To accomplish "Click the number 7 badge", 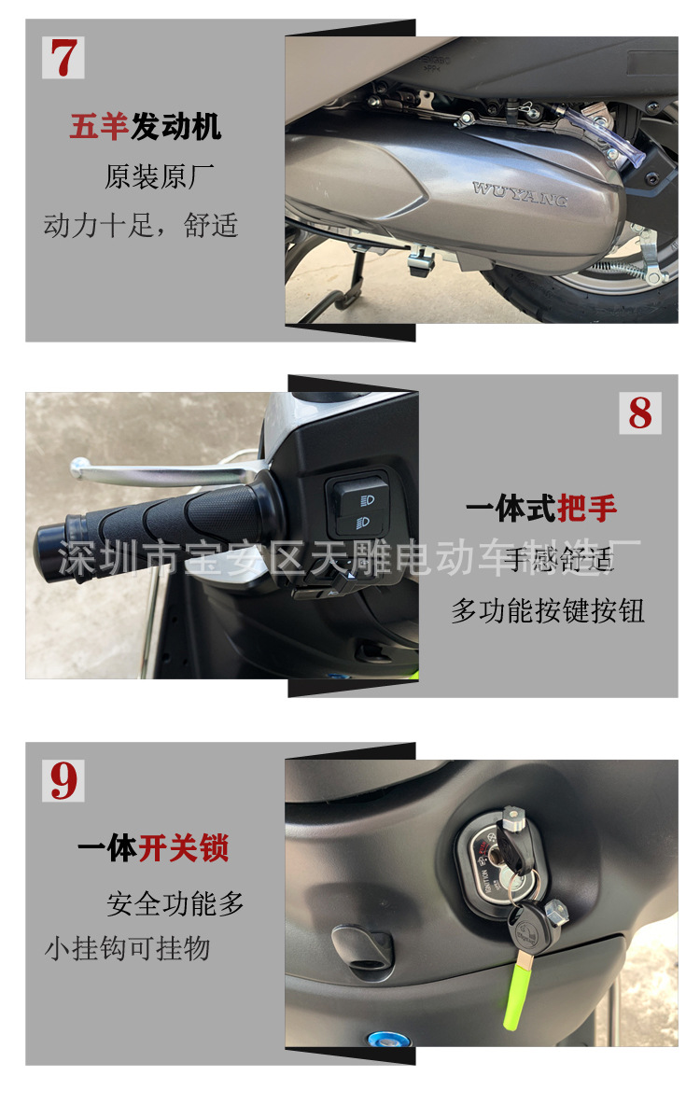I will [63, 58].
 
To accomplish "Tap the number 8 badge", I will [640, 412].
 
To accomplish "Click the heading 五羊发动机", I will [146, 126].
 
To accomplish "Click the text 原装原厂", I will [160, 176].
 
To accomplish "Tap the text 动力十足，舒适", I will [141, 225].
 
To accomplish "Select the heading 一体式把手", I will [541, 509].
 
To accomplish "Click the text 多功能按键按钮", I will [548, 610].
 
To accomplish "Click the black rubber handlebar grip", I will [149, 523].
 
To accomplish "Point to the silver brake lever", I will [159, 472].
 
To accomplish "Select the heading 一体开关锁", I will [153, 848].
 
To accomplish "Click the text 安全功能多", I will [175, 903].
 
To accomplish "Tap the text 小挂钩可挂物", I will [128, 949].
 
